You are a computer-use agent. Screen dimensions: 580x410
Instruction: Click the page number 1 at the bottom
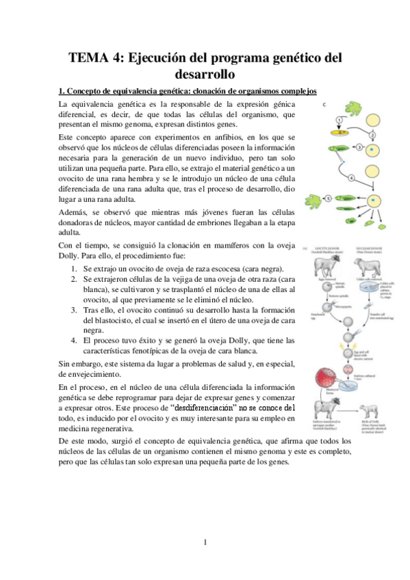(205, 543)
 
